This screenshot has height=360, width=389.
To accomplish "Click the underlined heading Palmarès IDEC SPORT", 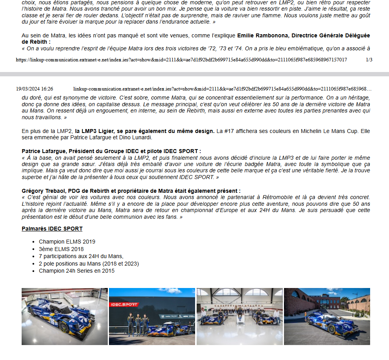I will pos(52,229).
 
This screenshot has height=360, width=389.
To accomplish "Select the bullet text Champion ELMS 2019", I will pos(67,242).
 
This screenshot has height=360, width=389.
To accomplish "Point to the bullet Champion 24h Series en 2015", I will pos(77,271).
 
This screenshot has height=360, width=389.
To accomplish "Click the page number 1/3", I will pos(369,60).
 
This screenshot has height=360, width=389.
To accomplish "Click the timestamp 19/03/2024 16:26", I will pos(35,89).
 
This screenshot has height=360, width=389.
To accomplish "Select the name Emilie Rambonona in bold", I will pos(262,35).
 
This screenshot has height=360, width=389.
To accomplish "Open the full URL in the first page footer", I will pos(181,60).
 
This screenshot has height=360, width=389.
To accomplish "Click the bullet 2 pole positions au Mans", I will pos(89,264).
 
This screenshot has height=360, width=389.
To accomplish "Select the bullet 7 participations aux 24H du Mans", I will pos(81,256).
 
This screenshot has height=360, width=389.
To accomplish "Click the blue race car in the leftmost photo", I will pos(61,317).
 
